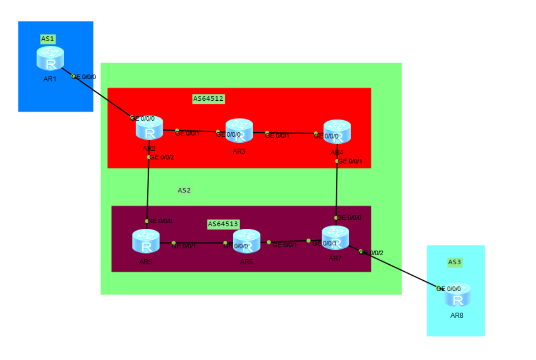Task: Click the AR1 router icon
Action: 50,58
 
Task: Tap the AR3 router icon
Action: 239,131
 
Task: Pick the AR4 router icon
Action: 337,132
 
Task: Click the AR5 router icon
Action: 146,242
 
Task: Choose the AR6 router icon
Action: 246,242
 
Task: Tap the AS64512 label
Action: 209,98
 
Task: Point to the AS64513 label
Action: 223,224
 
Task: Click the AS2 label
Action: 184,190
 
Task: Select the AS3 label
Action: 454,262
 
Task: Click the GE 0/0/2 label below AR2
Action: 162,157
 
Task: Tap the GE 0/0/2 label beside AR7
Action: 371,252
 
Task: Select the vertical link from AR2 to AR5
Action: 148,189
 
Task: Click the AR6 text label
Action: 246,262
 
